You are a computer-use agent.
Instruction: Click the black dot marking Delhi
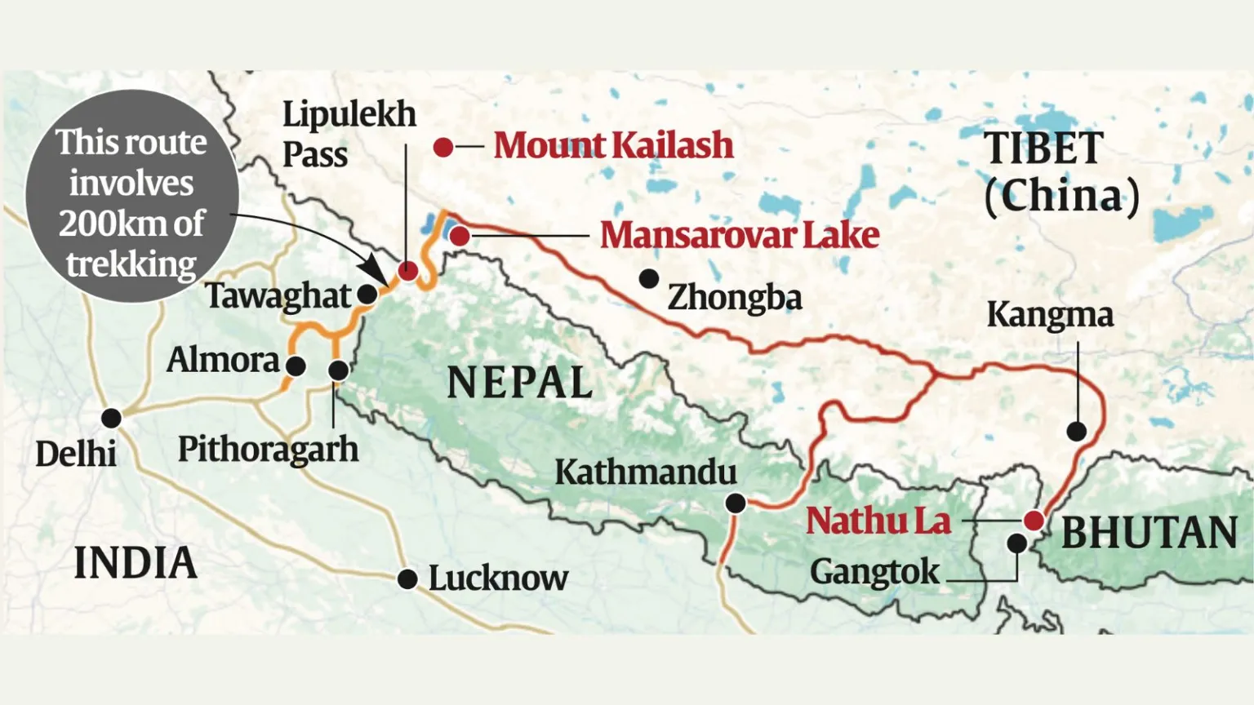[111, 419]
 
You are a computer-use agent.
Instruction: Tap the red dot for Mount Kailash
[443, 148]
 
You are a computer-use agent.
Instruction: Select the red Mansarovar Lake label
[739, 235]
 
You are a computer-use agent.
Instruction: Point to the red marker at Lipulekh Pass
[407, 271]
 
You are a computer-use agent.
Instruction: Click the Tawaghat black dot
[368, 295]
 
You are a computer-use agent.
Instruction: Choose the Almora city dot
[296, 366]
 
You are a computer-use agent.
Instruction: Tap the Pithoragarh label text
[268, 449]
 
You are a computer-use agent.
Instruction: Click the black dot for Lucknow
[407, 579]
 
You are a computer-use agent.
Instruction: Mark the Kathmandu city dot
[736, 503]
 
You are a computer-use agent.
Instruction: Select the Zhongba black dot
[649, 279]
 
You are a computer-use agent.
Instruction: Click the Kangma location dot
[1077, 432]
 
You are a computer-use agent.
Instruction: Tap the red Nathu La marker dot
[1034, 521]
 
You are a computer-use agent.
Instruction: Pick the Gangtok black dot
[1016, 543]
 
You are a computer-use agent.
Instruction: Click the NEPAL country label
[520, 383]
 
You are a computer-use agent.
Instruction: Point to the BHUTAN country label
[1149, 533]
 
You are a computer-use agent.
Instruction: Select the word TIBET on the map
[1043, 149]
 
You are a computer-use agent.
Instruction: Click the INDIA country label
[136, 563]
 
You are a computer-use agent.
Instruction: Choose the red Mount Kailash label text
[613, 145]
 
